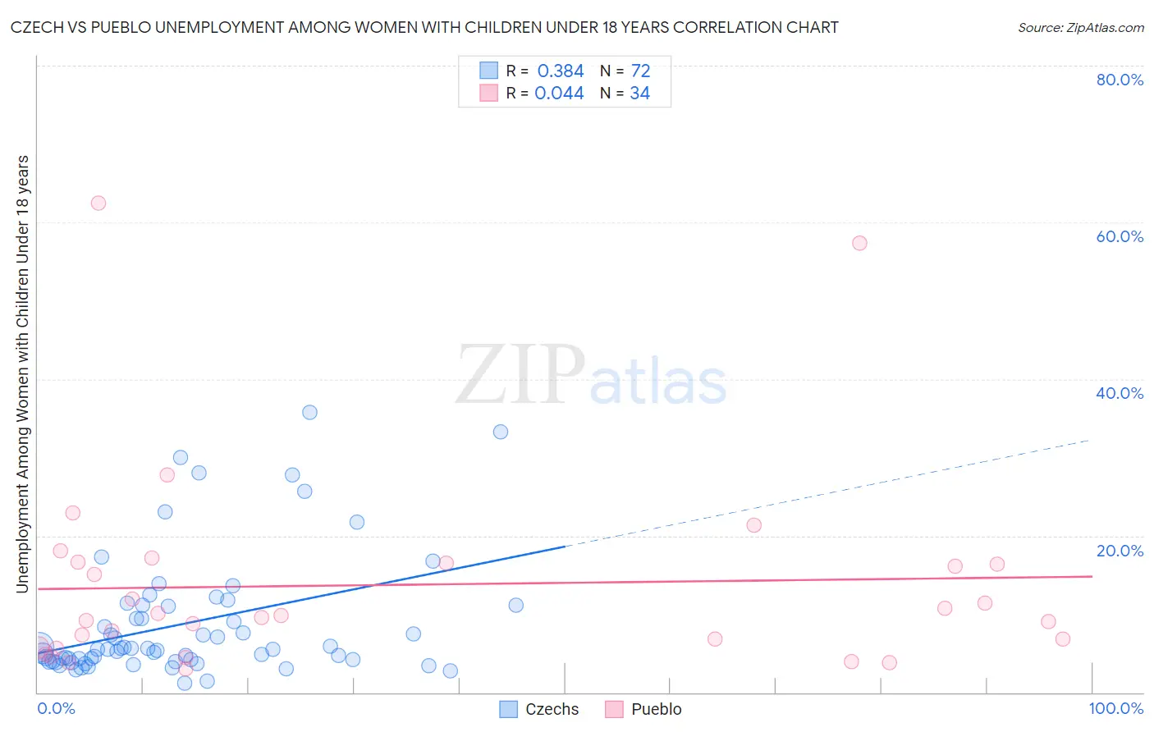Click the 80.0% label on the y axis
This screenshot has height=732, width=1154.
[1120, 80]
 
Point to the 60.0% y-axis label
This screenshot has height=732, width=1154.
[1120, 236]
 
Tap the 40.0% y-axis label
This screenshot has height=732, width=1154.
[1120, 393]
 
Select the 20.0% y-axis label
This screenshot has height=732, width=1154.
[1120, 551]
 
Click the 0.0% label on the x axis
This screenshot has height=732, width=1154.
[56, 708]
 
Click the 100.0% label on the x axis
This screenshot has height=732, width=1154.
[1115, 708]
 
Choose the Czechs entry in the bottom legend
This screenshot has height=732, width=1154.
[539, 709]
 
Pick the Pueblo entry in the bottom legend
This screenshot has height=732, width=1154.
[643, 709]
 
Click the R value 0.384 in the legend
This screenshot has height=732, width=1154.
[561, 71]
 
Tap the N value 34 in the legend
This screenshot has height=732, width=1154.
[639, 94]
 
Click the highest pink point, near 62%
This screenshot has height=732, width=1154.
[98, 204]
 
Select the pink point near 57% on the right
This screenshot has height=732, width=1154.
[859, 243]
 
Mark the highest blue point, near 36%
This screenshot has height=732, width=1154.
[309, 412]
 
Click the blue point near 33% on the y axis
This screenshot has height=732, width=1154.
[501, 432]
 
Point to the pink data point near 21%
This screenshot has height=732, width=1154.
[754, 525]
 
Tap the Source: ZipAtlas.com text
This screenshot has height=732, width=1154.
[1080, 27]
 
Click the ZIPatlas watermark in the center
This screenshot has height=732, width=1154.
[591, 376]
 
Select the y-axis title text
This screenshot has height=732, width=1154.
[22, 373]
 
